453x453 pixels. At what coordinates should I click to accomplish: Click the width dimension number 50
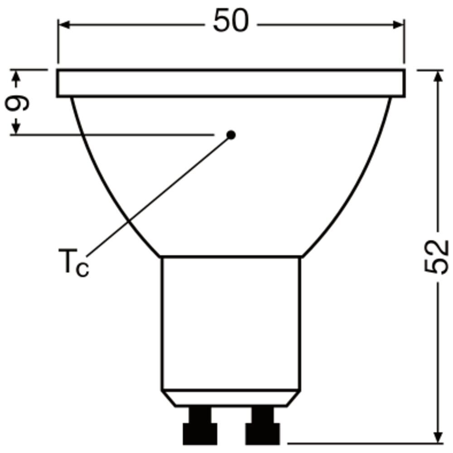coord(231,21)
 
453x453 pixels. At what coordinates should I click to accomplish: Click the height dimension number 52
coord(436,256)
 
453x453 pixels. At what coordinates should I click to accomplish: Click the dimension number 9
coord(17,103)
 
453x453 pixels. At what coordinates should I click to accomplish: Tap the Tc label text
coord(74,263)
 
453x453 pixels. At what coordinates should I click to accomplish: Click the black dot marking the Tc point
coord(231,135)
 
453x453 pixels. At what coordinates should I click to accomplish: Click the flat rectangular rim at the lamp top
coord(231,83)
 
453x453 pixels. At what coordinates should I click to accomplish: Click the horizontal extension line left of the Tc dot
coord(113,135)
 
